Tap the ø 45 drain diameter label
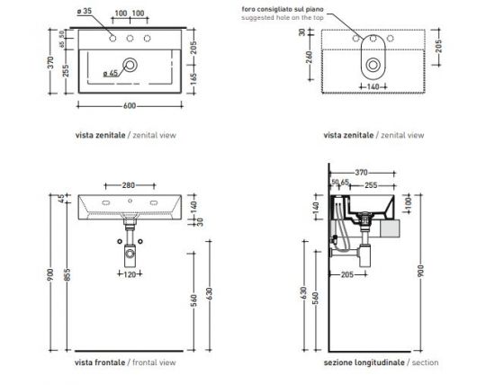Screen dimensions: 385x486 point(112,73)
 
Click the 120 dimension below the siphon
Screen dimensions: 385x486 point(130,275)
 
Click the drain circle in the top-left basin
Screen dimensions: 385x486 point(132,65)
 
